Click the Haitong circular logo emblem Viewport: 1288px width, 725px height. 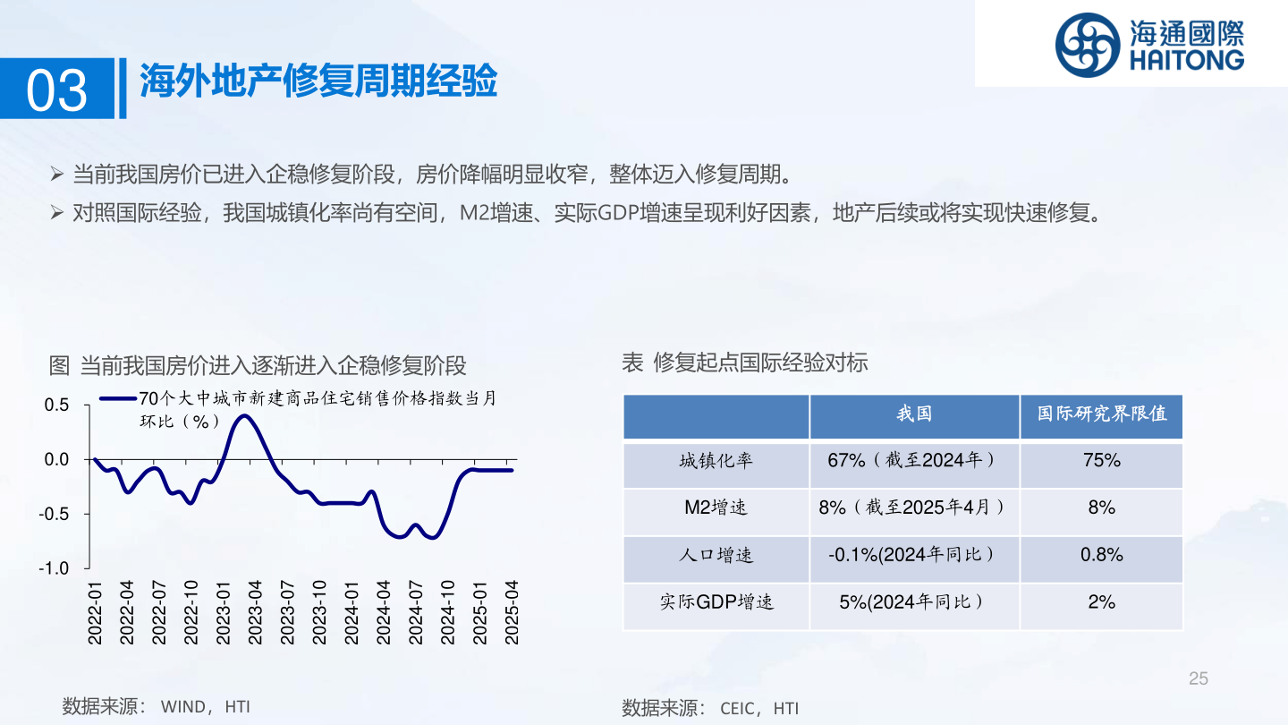[1088, 45]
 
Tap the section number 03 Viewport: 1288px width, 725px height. [56, 90]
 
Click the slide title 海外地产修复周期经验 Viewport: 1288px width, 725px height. [318, 81]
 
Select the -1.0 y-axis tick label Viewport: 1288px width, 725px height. [54, 568]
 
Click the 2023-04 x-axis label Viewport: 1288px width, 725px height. [255, 612]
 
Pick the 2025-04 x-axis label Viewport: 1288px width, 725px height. [512, 612]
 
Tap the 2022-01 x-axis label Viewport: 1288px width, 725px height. [95, 612]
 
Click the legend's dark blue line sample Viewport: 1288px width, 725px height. [118, 398]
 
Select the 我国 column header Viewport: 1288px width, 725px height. [914, 414]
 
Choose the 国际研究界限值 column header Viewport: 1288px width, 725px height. [1102, 414]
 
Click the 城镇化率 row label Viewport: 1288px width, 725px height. [716, 460]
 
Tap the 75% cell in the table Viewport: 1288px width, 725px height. [1102, 460]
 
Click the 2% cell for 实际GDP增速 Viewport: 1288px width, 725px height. [1102, 601]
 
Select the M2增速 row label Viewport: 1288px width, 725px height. [716, 507]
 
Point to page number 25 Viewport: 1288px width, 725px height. [1199, 678]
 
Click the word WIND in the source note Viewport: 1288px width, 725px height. [182, 706]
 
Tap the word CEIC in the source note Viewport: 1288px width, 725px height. [738, 708]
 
